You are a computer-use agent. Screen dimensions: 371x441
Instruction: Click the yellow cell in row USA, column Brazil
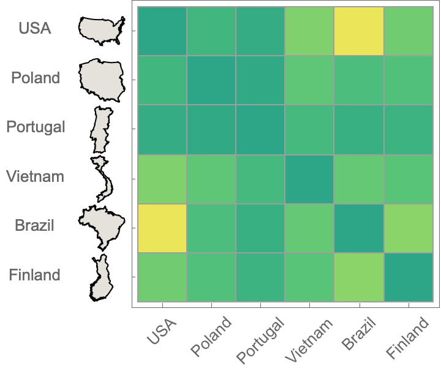pos(359,31)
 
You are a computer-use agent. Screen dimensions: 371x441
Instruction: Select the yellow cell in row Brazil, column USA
pos(162,228)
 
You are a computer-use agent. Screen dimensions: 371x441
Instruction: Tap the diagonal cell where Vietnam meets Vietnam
pos(309,179)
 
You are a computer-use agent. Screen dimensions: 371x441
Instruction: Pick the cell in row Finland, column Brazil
pos(359,277)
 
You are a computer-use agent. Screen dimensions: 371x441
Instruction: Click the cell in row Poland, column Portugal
pos(260,80)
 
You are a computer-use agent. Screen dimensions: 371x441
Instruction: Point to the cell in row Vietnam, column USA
pos(162,179)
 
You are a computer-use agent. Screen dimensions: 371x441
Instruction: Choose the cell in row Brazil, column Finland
pos(408,228)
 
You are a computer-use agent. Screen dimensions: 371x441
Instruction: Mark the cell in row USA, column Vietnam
pos(309,31)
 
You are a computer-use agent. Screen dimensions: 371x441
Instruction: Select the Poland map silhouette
pos(102,80)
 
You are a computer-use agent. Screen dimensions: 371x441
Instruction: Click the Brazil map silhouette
pos(101,227)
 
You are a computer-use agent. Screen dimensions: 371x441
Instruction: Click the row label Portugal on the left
pos(36,127)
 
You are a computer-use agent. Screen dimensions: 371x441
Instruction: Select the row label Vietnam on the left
pos(35,177)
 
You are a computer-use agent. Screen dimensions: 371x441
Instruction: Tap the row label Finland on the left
pos(34,275)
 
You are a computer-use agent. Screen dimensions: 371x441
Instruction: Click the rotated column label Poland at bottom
pos(212,337)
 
